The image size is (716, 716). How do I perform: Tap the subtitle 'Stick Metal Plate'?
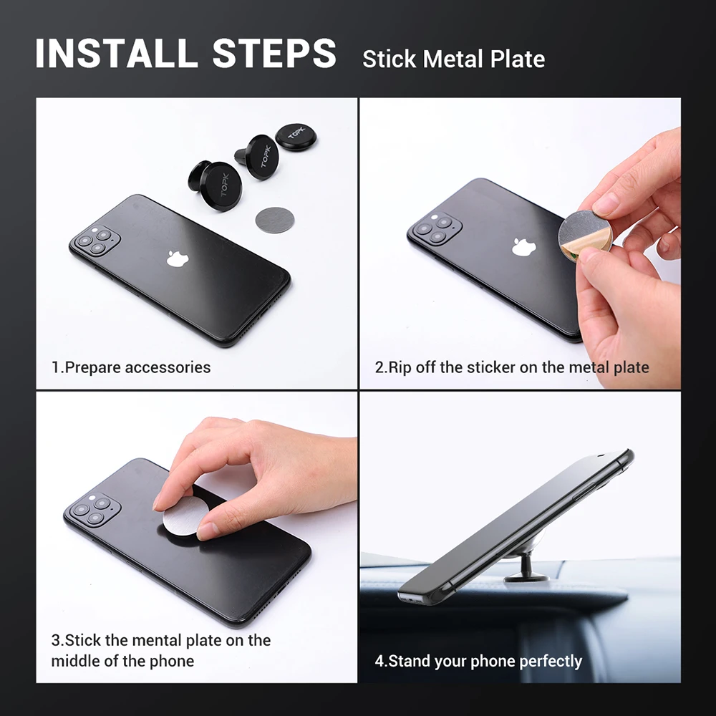[453, 59]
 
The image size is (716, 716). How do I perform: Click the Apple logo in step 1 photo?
[176, 258]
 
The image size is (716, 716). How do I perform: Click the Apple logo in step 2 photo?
[523, 247]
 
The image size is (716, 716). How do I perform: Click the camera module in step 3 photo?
[92, 511]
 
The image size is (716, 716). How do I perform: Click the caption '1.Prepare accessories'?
[131, 368]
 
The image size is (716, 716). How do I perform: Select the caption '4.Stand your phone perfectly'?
[478, 661]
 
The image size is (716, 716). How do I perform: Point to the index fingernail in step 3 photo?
[163, 500]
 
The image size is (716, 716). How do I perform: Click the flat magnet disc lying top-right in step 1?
[296, 136]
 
